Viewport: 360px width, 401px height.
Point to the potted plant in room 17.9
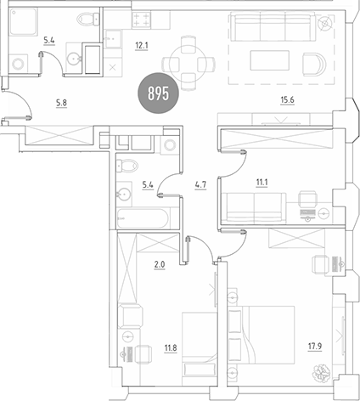pyautogui.click(x=323, y=371)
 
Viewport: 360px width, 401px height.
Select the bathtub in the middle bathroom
pyautogui.click(x=143, y=217)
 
